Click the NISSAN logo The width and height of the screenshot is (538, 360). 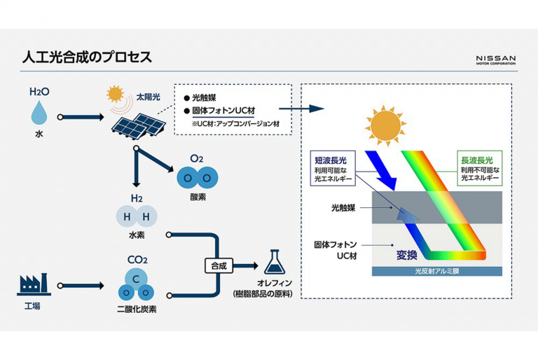click(x=495, y=60)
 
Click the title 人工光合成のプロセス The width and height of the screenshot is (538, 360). click(x=85, y=56)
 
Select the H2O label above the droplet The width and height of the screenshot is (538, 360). click(x=39, y=92)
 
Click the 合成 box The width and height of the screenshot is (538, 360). click(x=216, y=266)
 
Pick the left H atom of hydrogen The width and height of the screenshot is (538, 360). click(x=127, y=216)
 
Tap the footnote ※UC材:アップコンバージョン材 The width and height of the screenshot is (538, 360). click(x=233, y=123)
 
